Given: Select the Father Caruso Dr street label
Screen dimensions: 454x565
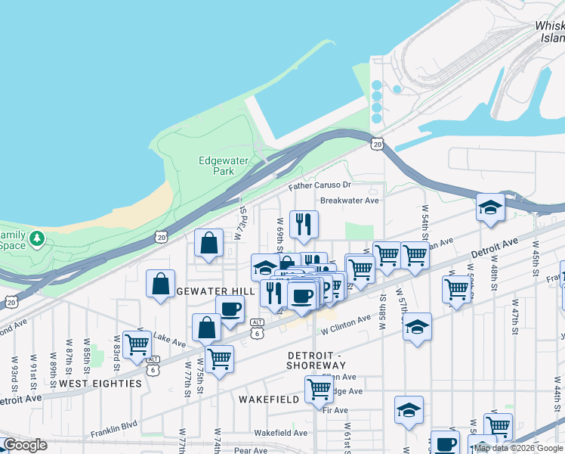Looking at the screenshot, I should (320, 185).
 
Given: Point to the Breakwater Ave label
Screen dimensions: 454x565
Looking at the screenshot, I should (349, 201).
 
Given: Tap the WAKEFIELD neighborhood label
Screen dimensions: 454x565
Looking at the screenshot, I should (270, 398).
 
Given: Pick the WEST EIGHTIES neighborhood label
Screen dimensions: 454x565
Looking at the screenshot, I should (100, 384).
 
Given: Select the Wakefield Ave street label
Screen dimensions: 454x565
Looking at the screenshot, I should (280, 433).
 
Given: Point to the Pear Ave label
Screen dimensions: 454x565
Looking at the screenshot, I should (252, 450).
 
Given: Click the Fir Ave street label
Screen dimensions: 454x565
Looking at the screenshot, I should (335, 410).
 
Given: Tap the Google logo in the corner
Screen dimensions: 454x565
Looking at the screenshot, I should (25, 445).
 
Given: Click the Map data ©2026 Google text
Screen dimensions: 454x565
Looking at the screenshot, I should (518, 448).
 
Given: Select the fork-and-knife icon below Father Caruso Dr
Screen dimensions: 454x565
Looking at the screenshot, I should (304, 223).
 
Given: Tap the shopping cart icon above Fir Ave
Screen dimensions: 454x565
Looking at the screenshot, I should (320, 389).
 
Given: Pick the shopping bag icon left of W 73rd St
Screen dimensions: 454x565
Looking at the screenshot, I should (209, 243).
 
